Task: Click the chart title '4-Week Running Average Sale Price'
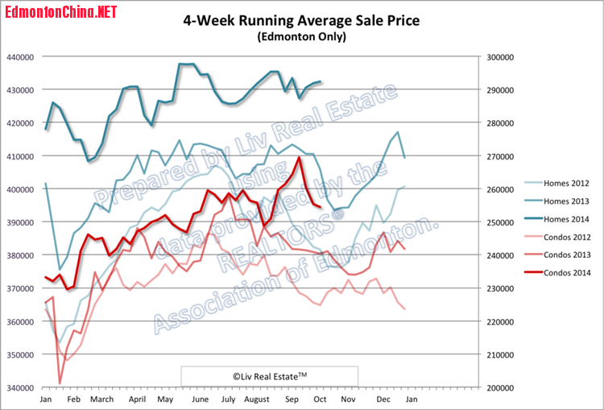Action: (x=302, y=20)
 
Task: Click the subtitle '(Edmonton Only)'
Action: (x=302, y=37)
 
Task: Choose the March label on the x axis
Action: (x=101, y=399)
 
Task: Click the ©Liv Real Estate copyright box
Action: (x=269, y=375)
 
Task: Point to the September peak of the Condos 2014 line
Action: (x=300, y=157)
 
